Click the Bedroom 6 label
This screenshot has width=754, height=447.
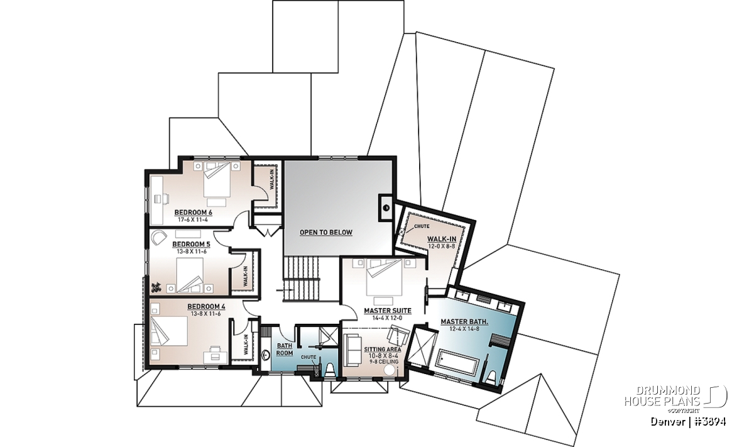click(x=193, y=212)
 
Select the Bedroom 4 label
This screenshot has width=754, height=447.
click(x=206, y=307)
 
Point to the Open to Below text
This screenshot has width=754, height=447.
click(x=326, y=233)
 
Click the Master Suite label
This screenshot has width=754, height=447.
click(x=388, y=311)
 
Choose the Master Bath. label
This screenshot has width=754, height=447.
click(x=464, y=322)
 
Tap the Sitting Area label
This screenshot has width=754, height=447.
click(x=383, y=350)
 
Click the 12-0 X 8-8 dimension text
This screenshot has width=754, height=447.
click(x=442, y=246)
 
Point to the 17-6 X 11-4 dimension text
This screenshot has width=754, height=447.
click(x=193, y=219)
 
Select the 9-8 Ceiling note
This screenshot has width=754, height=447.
click(x=383, y=361)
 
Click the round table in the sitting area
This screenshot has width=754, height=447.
click(x=390, y=370)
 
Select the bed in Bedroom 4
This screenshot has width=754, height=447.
click(x=169, y=331)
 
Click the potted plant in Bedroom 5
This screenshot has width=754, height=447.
click(x=156, y=287)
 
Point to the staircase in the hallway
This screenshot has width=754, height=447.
click(x=301, y=279)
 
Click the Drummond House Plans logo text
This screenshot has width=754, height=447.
click(x=662, y=396)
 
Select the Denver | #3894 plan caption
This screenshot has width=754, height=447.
click(x=688, y=422)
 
